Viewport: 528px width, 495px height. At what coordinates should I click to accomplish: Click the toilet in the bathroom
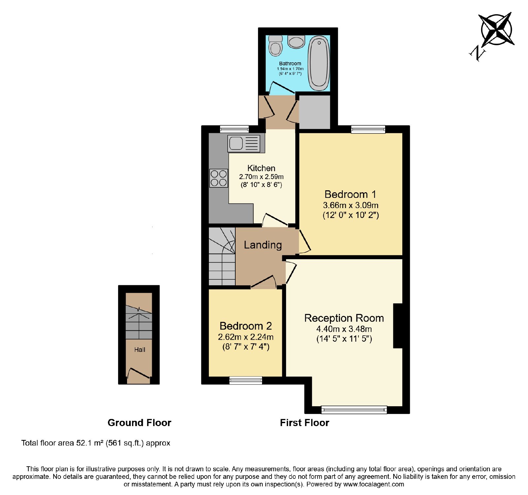click(x=276, y=46)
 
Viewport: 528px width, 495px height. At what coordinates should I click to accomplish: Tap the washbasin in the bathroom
click(x=296, y=42)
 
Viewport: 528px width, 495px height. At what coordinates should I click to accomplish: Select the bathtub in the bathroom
click(x=318, y=63)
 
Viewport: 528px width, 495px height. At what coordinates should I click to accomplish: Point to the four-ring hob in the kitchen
click(x=218, y=178)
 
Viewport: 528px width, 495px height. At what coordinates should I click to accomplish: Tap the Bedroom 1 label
click(x=350, y=194)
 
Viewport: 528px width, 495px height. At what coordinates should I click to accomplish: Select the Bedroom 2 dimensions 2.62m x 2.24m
click(x=246, y=337)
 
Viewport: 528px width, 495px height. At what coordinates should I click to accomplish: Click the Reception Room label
click(x=344, y=318)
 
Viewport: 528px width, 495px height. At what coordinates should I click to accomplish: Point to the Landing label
click(x=263, y=245)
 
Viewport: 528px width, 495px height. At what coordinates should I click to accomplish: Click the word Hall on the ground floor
click(x=140, y=350)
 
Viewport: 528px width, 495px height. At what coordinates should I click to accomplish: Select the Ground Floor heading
click(x=139, y=423)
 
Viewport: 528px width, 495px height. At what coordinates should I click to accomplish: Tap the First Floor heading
click(x=305, y=423)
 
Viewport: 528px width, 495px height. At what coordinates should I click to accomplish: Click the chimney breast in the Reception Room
click(x=398, y=326)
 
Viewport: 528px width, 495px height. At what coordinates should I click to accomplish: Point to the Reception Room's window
click(x=354, y=410)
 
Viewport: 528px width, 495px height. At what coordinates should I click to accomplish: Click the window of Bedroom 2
click(x=246, y=381)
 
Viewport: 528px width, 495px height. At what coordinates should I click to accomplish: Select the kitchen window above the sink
click(x=234, y=129)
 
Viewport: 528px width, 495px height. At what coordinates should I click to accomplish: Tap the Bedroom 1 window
click(x=368, y=129)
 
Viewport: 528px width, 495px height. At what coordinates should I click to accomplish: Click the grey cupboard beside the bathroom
click(x=314, y=112)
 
